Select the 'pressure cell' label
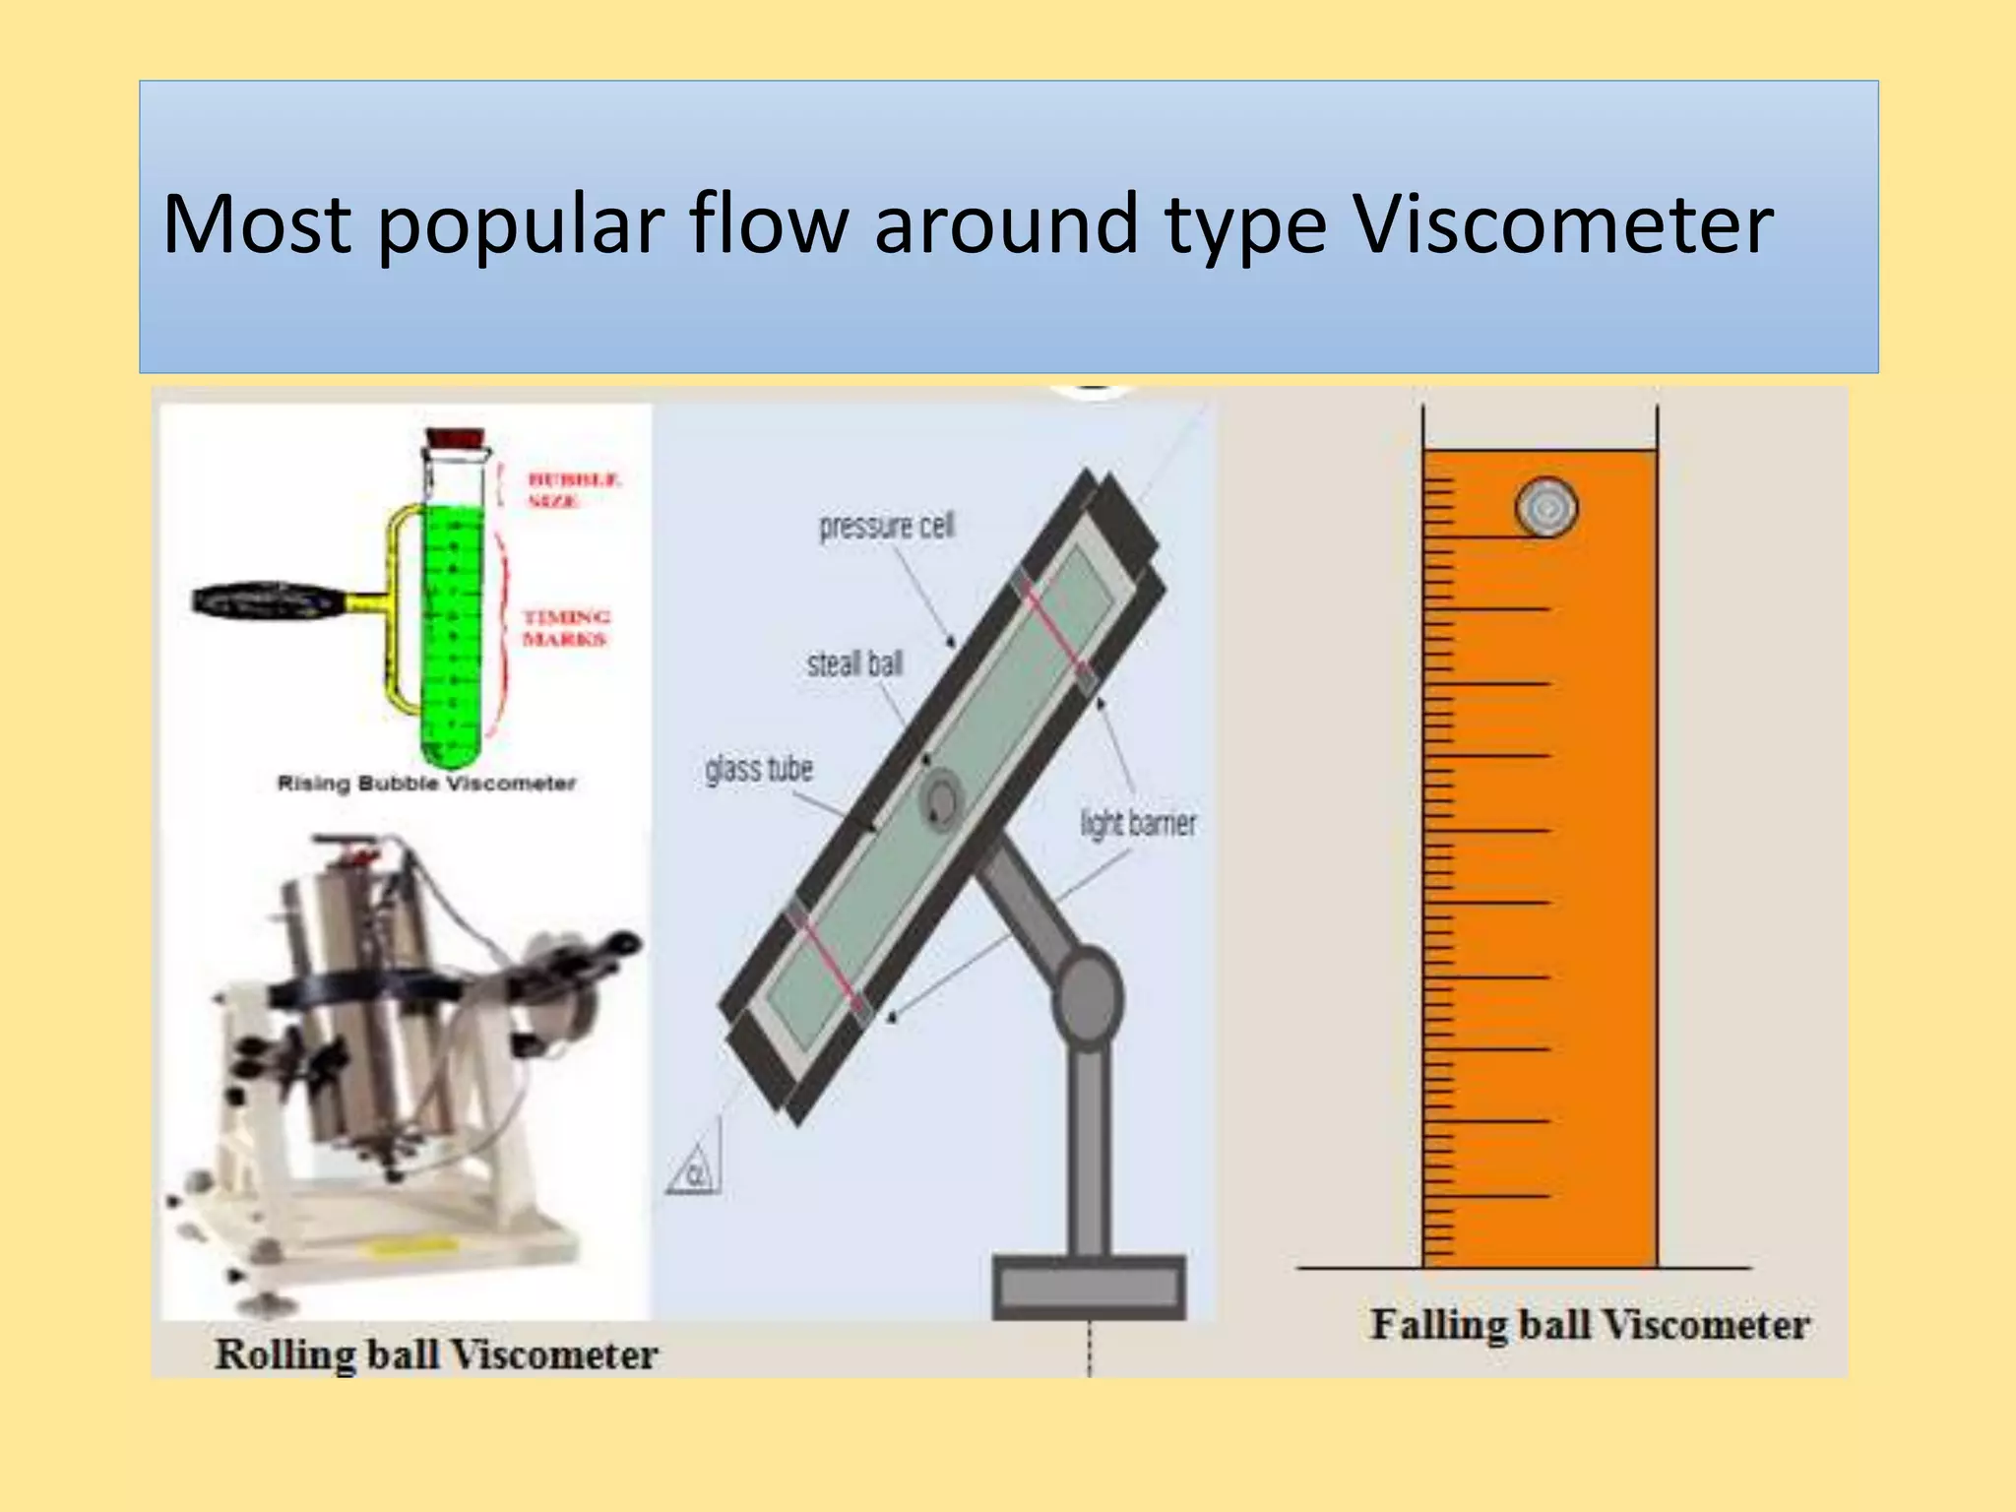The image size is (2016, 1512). [x=886, y=527]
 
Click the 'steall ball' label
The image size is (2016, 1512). [x=854, y=664]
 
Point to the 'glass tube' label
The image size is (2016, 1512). [x=759, y=769]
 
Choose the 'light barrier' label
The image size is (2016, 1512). [x=1138, y=823]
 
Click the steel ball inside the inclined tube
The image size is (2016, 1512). [x=941, y=797]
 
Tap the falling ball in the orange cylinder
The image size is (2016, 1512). [x=1545, y=508]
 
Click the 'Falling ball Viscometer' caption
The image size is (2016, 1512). [x=1589, y=1325]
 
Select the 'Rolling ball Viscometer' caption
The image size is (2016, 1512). [x=436, y=1354]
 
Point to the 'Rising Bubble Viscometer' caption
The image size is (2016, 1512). [x=426, y=784]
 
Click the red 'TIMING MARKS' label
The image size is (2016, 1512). [x=565, y=628]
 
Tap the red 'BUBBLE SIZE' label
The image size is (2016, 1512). [x=573, y=490]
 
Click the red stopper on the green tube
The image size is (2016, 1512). [x=455, y=439]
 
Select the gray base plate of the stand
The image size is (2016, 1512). [x=1089, y=1286]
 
